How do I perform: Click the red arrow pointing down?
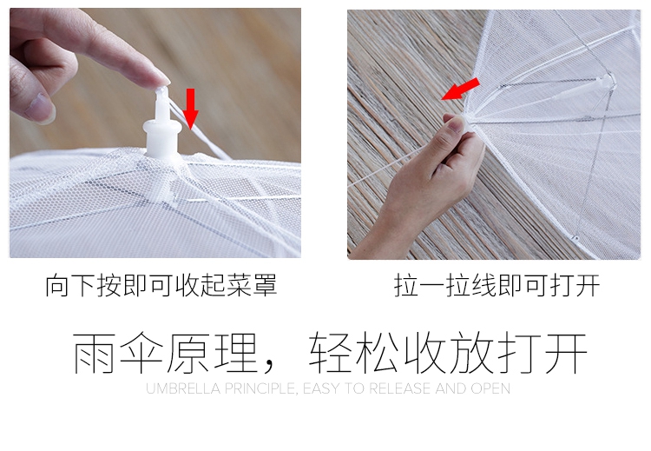(191, 108)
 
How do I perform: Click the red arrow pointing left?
(460, 90)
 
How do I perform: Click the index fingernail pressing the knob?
(162, 78)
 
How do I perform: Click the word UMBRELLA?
(183, 389)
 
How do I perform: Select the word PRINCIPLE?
(260, 389)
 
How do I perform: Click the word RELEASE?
(400, 389)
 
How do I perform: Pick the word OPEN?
(490, 389)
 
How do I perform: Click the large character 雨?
(94, 353)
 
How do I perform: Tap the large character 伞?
(141, 353)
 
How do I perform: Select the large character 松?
(378, 353)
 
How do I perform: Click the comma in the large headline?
(269, 367)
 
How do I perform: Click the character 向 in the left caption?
(57, 285)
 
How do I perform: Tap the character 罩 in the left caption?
(265, 285)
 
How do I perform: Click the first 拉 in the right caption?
(406, 286)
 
